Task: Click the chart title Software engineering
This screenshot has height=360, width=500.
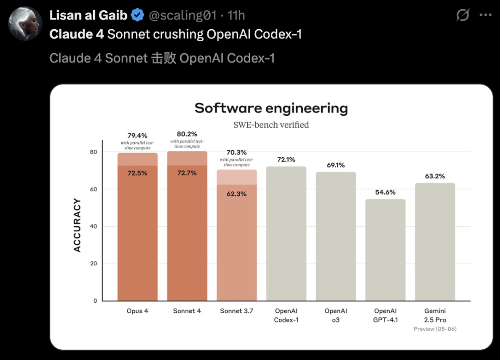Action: pos(271,108)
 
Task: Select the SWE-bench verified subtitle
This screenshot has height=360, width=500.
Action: pos(271,125)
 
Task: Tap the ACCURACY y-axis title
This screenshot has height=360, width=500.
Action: pos(77,225)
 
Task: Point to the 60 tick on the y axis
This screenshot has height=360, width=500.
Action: pos(94,189)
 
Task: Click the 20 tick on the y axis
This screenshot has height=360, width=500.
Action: pos(94,264)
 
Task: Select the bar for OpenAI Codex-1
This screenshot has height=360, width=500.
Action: pos(286,234)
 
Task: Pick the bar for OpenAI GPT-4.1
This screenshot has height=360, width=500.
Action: pos(386,250)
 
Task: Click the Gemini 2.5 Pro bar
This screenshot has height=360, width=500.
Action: pos(435,242)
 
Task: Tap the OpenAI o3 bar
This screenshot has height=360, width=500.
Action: pos(336,236)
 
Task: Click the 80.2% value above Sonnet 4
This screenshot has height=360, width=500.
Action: pos(187,134)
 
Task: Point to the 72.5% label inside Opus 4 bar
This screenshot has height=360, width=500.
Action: pos(137,173)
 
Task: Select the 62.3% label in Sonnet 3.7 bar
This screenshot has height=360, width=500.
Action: pos(237,194)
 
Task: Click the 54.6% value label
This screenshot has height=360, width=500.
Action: pos(386,192)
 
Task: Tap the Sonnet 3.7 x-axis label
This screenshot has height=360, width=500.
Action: pos(237,311)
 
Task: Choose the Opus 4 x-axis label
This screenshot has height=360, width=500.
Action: pos(137,311)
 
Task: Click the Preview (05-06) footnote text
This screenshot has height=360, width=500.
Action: pos(435,329)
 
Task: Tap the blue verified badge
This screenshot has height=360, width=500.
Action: pos(137,15)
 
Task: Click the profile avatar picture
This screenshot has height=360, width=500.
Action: pos(25,23)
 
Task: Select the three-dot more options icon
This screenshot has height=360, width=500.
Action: pos(485,15)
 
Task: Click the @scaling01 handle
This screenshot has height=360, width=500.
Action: pos(182,15)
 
